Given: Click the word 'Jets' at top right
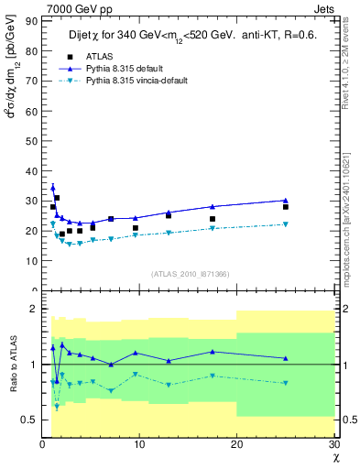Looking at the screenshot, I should coord(327,8).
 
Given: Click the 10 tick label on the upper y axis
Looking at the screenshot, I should coord(29,260).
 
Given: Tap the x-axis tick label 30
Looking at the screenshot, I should coord(333,444).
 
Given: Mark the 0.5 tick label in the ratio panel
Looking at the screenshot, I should coord(27,420).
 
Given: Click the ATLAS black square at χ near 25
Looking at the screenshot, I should coord(285,207).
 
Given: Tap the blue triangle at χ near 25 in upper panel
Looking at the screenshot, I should coord(285,200).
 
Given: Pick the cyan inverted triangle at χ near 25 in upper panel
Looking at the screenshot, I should coord(285,224).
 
